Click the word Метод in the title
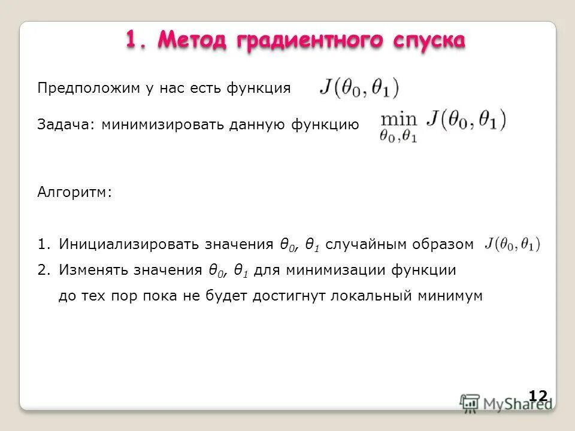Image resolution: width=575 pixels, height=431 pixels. click(193, 40)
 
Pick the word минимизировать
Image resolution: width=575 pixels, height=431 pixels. click(162, 125)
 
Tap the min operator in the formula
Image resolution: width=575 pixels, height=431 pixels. click(398, 117)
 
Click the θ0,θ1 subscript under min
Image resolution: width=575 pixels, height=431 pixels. click(398, 136)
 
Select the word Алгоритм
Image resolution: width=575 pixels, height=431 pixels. click(75, 193)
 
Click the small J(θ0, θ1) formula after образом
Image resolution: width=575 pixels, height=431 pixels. click(512, 244)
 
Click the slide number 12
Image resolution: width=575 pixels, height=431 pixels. click(538, 395)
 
